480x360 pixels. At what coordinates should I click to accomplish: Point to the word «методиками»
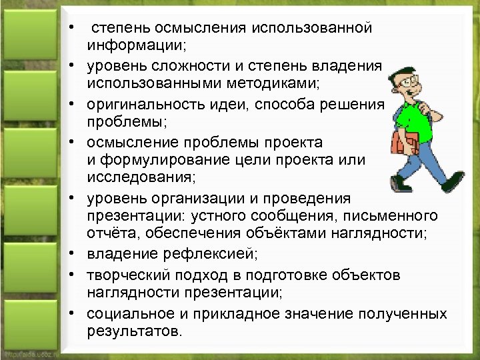pos(273,85)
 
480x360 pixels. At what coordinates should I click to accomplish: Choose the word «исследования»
pos(136,179)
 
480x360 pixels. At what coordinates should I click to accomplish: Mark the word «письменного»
pos(393,217)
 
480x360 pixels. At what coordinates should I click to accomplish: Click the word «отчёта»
pos(109,235)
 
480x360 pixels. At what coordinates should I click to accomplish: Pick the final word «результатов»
pos(133,331)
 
